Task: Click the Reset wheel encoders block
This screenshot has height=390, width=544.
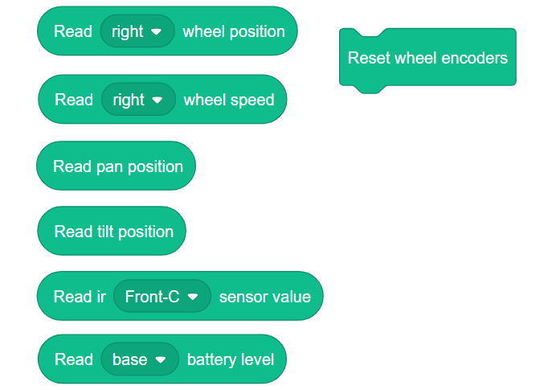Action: pos(427,58)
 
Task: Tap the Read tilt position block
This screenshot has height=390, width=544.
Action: pos(112,232)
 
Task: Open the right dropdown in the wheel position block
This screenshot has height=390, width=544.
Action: pos(137,32)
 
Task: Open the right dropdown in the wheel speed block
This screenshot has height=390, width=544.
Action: pos(137,100)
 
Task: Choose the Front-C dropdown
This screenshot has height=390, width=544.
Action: pos(162,297)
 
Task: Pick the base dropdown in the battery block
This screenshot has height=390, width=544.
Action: pos(138,359)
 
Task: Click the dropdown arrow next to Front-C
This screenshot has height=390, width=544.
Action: pos(192,297)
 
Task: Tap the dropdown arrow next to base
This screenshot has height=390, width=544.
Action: pos(160,360)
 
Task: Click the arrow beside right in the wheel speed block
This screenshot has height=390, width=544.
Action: pos(157,101)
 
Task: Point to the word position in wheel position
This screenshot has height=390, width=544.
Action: pos(256,32)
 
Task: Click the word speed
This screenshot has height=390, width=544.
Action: pos(252,100)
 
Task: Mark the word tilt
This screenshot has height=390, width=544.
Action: pos(104,232)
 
